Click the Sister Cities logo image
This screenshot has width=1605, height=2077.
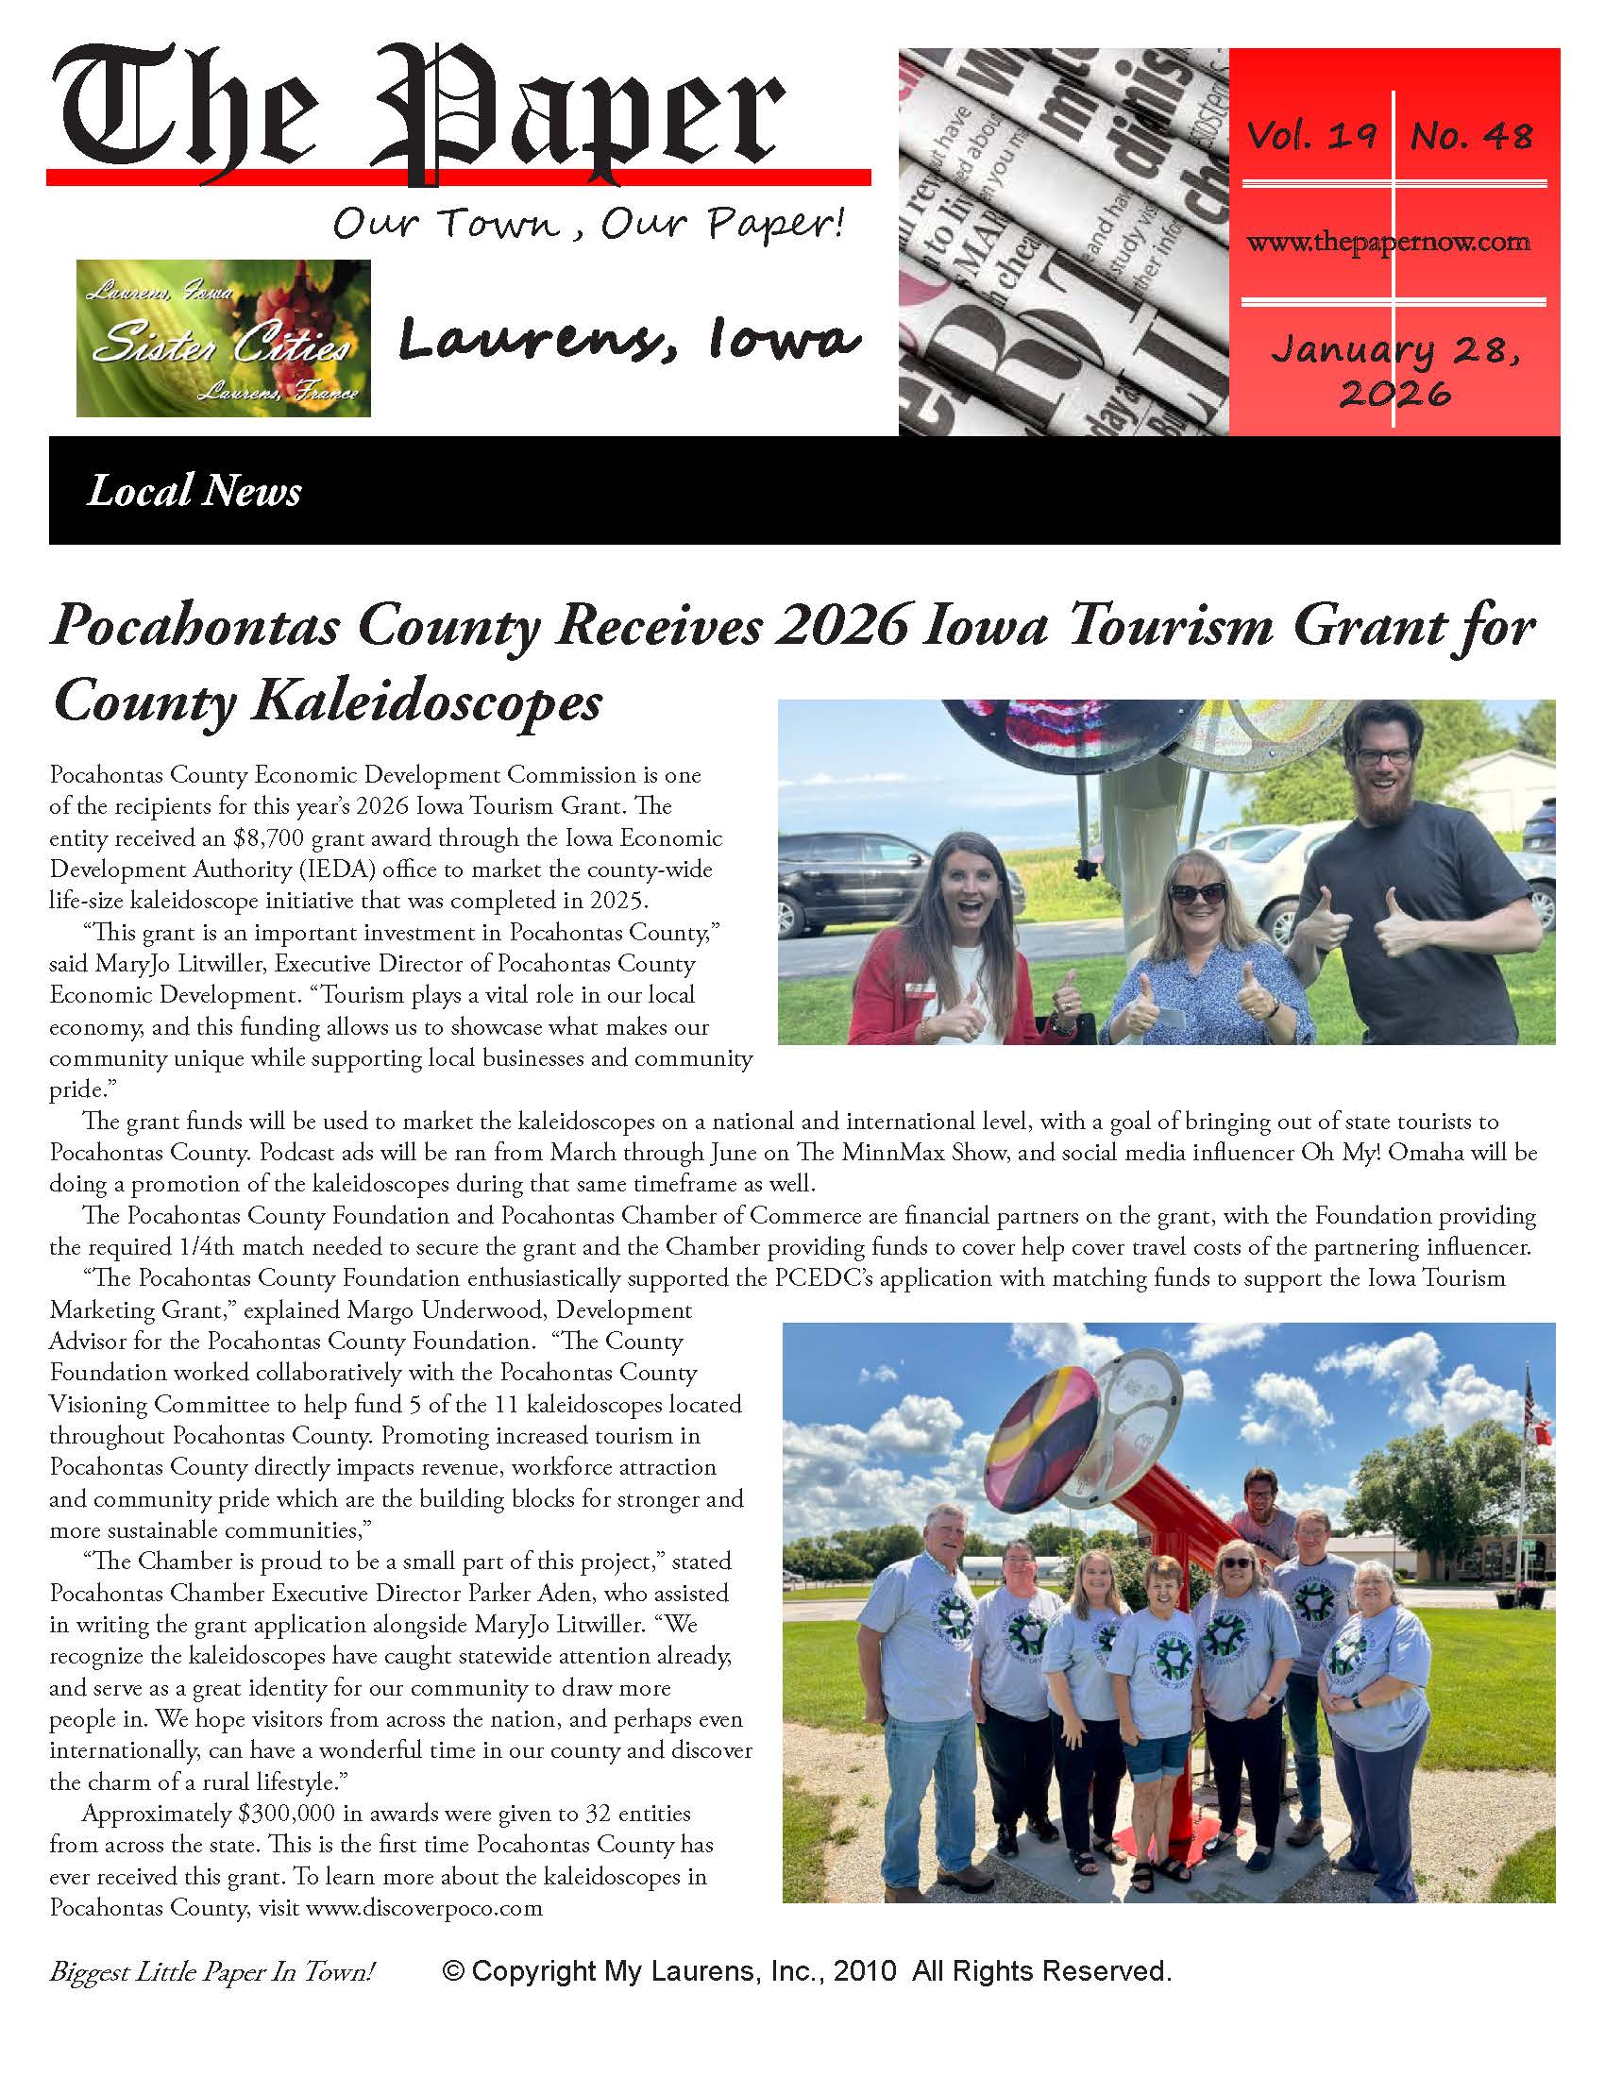click(224, 338)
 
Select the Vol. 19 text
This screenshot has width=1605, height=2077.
click(1311, 136)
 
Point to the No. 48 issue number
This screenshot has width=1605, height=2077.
click(1471, 136)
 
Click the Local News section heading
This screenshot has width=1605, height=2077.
click(194, 491)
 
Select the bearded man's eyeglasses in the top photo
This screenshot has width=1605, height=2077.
click(1384, 757)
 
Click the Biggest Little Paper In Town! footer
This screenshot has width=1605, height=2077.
click(212, 1972)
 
